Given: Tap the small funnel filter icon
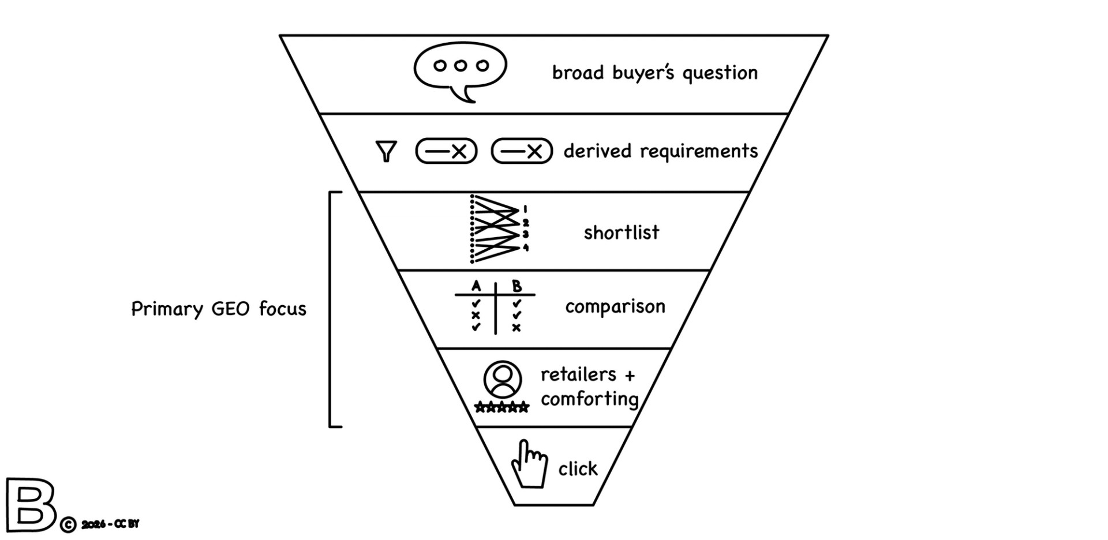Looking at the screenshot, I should click(x=386, y=151).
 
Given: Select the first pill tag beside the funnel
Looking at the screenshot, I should click(x=446, y=151).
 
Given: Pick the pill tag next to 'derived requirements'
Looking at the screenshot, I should click(x=522, y=151).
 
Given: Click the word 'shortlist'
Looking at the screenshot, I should click(x=621, y=232).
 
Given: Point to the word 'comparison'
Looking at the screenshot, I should click(x=615, y=306).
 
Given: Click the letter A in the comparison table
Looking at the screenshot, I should click(x=476, y=286).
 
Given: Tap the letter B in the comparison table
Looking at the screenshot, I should click(x=516, y=286).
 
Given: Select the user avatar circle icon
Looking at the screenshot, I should click(x=503, y=380).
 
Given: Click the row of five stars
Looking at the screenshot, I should click(x=501, y=408).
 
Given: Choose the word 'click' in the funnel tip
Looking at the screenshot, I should click(x=578, y=469).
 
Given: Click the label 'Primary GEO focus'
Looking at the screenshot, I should click(x=219, y=309).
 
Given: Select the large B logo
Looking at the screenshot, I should click(x=30, y=505).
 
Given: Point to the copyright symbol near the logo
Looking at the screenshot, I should click(x=68, y=525).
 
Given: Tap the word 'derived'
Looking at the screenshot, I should click(x=598, y=151).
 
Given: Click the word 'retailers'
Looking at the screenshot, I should click(x=578, y=375).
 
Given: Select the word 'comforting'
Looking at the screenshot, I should click(x=589, y=399).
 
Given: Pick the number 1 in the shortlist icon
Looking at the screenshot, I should click(x=525, y=209).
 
